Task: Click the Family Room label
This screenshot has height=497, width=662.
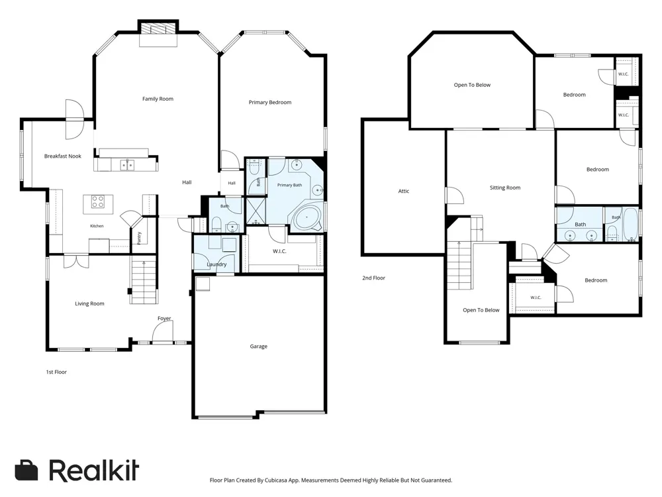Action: click(158, 99)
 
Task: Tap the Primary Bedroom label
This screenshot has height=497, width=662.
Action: click(270, 102)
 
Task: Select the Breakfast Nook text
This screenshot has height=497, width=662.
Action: click(63, 156)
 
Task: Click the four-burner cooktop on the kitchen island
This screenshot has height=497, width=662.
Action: click(98, 201)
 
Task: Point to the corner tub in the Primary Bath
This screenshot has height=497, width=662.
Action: click(307, 218)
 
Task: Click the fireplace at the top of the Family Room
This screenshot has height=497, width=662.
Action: click(158, 28)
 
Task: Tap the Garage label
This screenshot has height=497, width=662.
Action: click(258, 346)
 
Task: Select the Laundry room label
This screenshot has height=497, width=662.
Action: click(216, 264)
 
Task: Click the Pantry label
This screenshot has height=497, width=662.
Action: click(139, 238)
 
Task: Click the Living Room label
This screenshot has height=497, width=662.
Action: click(89, 304)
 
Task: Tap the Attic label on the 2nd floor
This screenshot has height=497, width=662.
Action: click(404, 191)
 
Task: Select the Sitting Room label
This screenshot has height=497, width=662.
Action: click(505, 188)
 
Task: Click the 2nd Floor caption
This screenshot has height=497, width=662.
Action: click(373, 278)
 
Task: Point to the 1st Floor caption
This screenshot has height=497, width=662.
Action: click(56, 372)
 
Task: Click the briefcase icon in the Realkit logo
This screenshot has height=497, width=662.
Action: click(26, 470)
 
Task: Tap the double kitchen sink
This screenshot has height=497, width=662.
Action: click(127, 164)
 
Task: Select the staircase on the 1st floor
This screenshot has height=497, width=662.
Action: click(144, 280)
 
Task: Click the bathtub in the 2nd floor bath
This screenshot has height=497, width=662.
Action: click(632, 224)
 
